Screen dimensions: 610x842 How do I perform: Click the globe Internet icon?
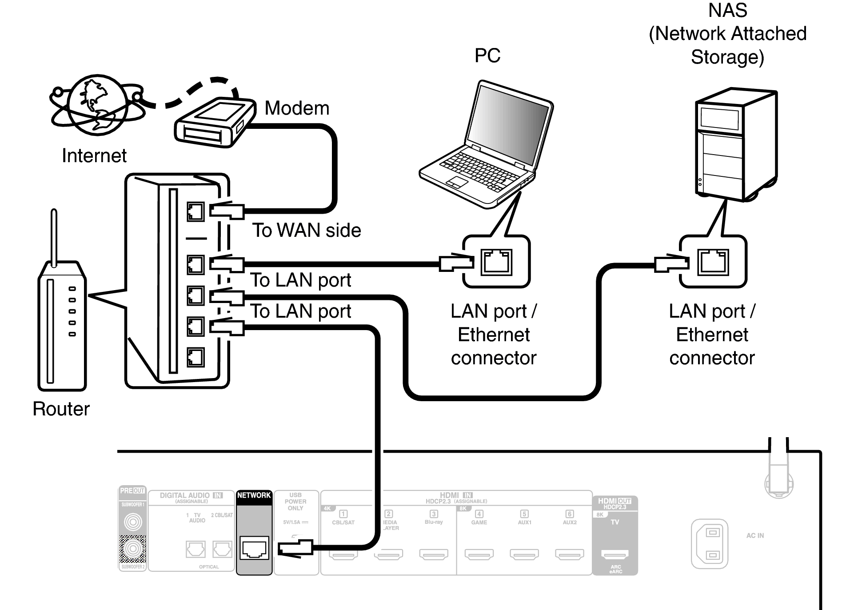[97, 105]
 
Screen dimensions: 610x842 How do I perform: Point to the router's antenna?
[54, 238]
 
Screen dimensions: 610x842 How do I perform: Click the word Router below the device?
[61, 409]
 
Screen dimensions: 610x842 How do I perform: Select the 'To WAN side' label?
[307, 230]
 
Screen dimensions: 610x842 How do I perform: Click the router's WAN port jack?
[196, 211]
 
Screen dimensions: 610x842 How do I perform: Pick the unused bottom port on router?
[196, 357]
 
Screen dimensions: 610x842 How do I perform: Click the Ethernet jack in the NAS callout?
[713, 262]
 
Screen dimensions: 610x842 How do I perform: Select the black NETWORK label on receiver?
[254, 495]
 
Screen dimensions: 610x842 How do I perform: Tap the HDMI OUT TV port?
[615, 554]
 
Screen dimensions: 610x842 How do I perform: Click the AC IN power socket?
[710, 544]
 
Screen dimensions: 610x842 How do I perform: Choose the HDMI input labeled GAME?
[479, 554]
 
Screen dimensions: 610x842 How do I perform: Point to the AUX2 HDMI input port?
[569, 554]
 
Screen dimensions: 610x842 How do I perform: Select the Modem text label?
[297, 108]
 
